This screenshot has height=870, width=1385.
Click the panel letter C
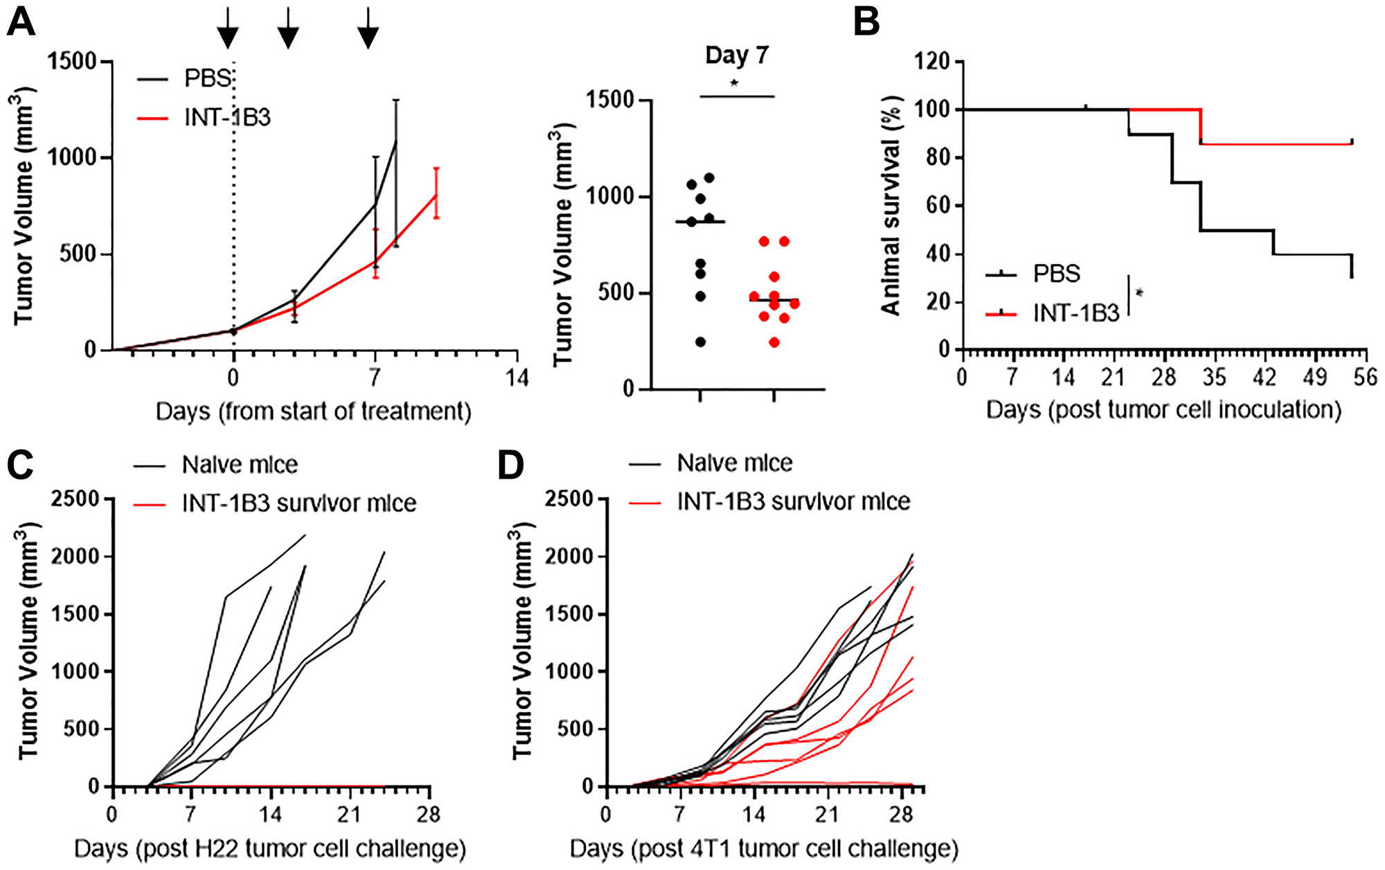click(21, 465)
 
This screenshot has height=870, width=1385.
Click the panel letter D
click(511, 465)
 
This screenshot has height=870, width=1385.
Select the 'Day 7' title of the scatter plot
click(737, 55)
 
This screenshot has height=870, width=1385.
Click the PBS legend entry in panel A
click(206, 78)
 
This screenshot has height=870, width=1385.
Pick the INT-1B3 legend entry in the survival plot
click(1075, 314)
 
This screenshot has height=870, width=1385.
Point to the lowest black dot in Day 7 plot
click(700, 342)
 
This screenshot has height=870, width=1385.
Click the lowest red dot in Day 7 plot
click(774, 342)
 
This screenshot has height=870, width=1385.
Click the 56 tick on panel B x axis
click(1364, 378)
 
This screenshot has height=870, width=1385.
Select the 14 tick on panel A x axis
click(517, 378)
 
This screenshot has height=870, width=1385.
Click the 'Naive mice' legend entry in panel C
click(239, 465)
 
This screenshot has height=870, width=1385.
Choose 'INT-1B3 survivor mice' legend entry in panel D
click(793, 501)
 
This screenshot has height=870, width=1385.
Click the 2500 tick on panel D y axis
click(569, 499)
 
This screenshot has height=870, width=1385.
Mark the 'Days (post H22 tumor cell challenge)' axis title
click(270, 849)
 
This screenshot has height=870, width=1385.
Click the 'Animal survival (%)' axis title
click(891, 206)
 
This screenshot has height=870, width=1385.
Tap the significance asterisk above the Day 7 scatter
click(735, 84)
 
